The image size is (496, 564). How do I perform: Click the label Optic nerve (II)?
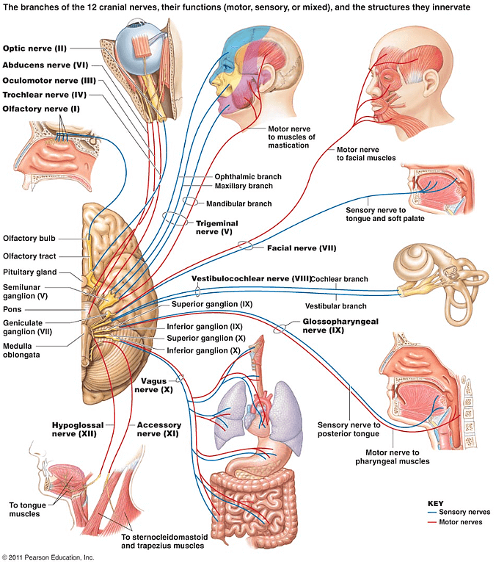[34, 48]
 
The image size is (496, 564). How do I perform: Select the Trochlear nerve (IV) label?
[45, 95]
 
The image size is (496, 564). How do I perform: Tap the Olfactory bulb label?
[29, 238]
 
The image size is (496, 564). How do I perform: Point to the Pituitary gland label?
[30, 272]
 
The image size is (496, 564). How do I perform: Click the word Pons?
[12, 309]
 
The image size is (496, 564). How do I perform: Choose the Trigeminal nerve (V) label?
[216, 228]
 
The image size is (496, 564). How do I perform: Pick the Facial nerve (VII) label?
[302, 247]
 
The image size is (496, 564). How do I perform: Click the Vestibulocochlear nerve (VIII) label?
[251, 279]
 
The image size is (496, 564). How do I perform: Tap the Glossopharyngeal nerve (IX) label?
[340, 325]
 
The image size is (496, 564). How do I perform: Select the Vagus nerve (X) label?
[153, 386]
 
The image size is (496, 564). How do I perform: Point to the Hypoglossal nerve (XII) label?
[78, 430]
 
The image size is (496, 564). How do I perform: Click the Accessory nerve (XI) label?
[159, 430]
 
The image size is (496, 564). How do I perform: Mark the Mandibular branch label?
[239, 203]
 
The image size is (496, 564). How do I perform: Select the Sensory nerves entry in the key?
[459, 512]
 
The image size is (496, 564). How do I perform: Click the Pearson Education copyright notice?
[48, 557]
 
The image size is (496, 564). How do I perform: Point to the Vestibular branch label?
[336, 306]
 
